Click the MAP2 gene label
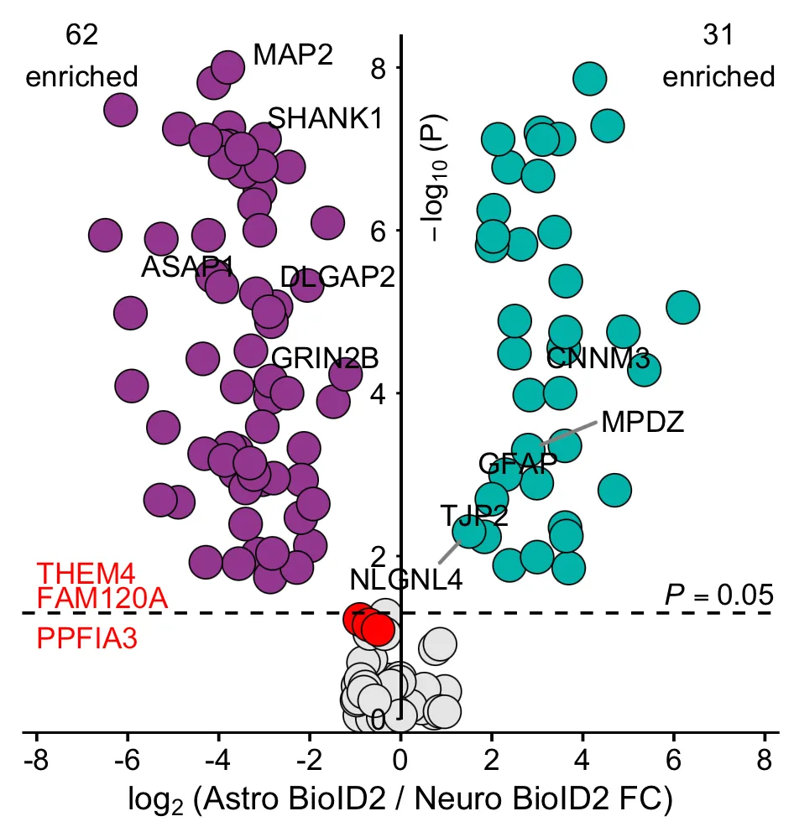pos(293,55)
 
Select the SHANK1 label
pos(325,117)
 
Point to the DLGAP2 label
pos(337,277)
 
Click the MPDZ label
pos(643,422)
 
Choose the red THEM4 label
pos(86,573)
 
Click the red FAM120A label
pos(102,598)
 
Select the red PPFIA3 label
pos(87,637)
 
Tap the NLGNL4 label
pos(406,580)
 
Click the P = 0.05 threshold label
pos(719,595)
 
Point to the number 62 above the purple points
pos(81,35)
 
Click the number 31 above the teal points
pos(718,35)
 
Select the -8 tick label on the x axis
pos(37,760)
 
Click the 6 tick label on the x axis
pos(673,760)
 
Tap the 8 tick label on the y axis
pos(379,68)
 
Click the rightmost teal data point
pos(683,307)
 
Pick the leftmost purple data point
pos(105,235)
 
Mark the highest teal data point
pos(589,79)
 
